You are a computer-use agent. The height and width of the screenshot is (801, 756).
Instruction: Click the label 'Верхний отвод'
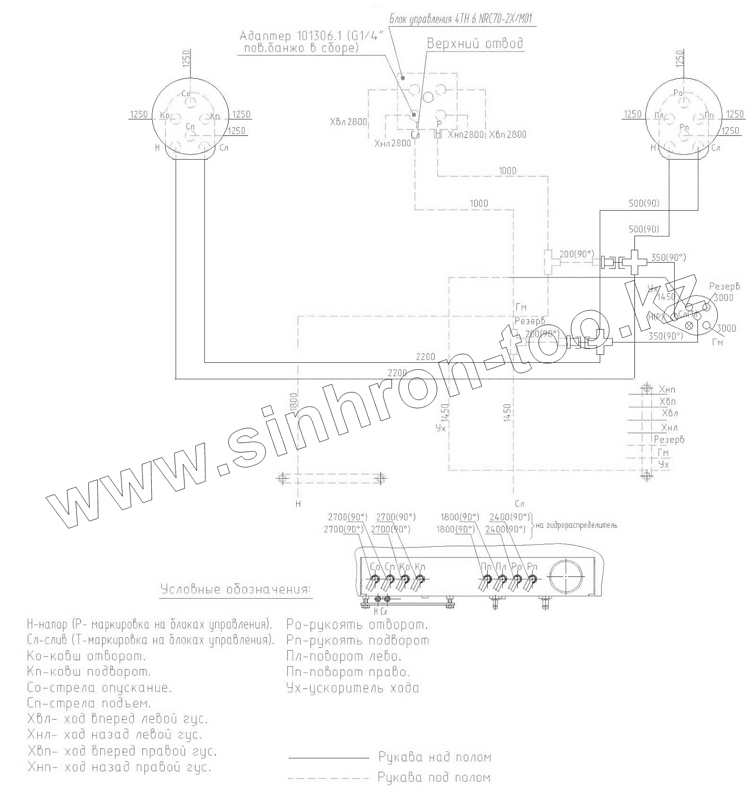coord(475,44)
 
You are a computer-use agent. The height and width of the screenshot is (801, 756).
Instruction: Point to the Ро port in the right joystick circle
coord(684,101)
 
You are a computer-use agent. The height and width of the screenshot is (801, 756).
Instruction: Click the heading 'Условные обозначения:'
coord(236,590)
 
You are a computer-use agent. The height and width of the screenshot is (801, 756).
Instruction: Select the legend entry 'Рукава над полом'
coord(435,757)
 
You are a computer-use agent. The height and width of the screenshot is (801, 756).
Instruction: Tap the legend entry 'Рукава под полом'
coord(434,778)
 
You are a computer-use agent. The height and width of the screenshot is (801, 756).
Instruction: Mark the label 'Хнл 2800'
coord(393,144)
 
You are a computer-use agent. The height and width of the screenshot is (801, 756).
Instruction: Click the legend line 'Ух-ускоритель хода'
coord(353,688)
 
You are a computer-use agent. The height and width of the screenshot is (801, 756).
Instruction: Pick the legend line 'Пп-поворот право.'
coord(348,672)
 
